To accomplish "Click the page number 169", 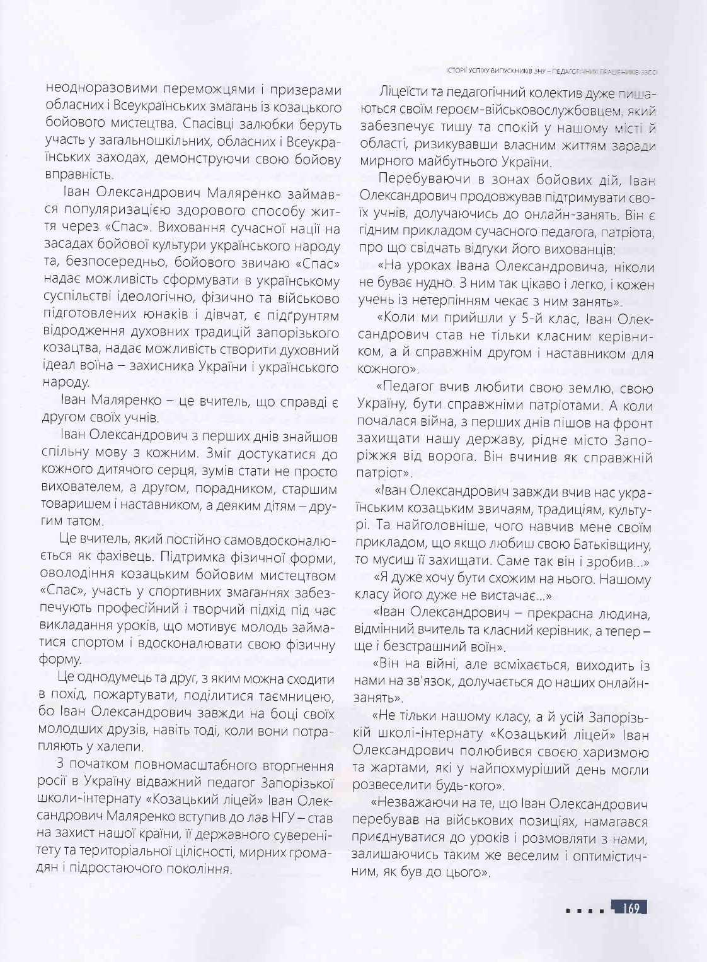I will pyautogui.click(x=631, y=909).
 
